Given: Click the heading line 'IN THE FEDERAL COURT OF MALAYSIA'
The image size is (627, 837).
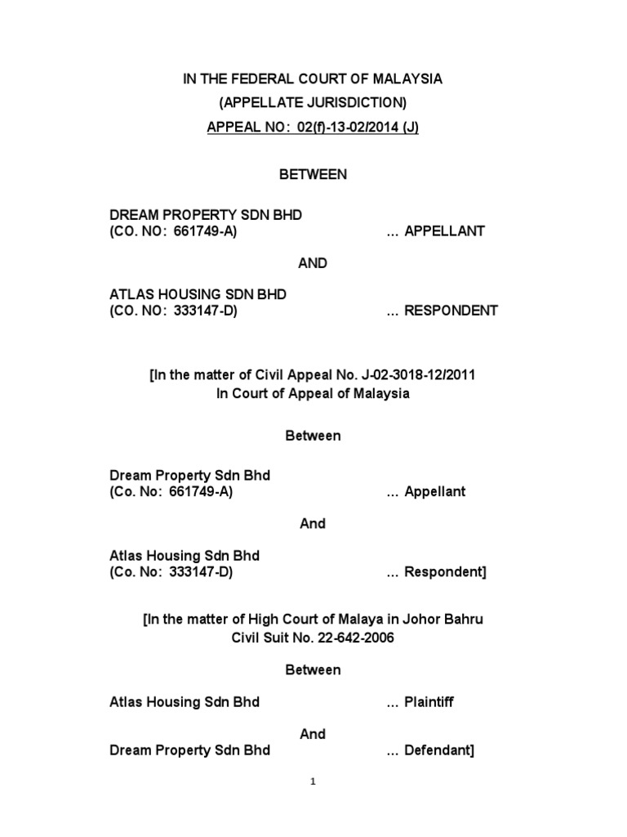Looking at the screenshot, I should pyautogui.click(x=313, y=79).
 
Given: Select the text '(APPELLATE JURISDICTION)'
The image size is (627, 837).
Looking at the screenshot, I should pyautogui.click(x=313, y=104).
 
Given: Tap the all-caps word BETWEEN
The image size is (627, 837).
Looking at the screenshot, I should pyautogui.click(x=313, y=174).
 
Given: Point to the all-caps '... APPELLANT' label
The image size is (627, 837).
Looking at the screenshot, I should pyautogui.click(x=435, y=231).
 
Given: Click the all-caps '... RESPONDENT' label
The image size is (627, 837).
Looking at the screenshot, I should pyautogui.click(x=442, y=311).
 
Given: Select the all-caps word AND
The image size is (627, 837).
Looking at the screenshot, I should pyautogui.click(x=313, y=263).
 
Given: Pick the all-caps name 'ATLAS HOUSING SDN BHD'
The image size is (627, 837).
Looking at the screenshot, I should pyautogui.click(x=198, y=294).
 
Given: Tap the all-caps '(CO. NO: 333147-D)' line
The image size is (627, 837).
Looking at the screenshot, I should pyautogui.click(x=174, y=311).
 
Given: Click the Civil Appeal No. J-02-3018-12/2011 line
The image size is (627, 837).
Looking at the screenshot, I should pyautogui.click(x=313, y=375).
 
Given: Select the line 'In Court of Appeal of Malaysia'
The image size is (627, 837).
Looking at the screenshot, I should pyautogui.click(x=313, y=393).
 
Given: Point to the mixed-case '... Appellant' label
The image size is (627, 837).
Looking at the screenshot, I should pyautogui.click(x=425, y=492).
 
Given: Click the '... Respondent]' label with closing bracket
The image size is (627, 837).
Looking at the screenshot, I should pyautogui.click(x=436, y=572).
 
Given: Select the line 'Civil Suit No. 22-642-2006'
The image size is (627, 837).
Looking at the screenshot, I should pyautogui.click(x=313, y=638).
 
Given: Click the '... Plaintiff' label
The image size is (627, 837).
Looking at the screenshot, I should pyautogui.click(x=422, y=701).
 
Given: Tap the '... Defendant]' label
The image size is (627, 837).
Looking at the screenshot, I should pyautogui.click(x=430, y=750).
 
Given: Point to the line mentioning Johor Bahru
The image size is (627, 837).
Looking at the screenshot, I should pyautogui.click(x=313, y=620).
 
